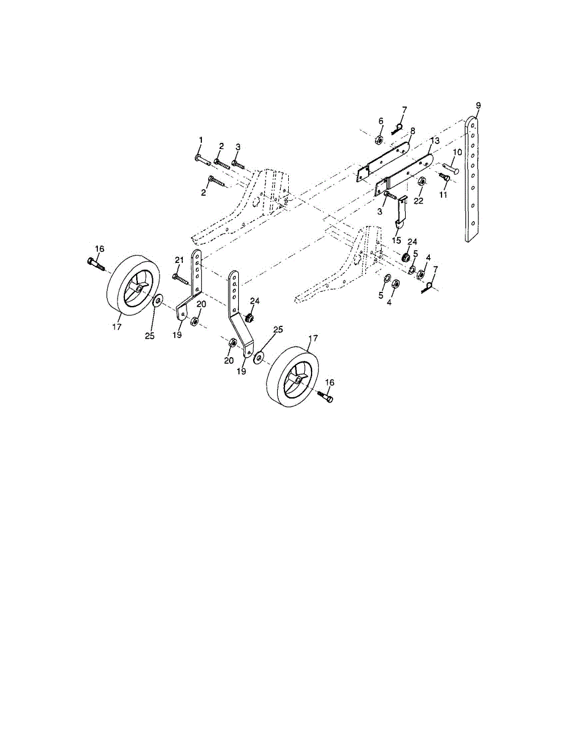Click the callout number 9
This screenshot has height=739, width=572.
coord(478,105)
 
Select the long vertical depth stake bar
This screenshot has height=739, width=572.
coord(473,179)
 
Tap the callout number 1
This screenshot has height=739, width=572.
coord(201,140)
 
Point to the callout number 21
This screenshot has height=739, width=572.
coord(179,260)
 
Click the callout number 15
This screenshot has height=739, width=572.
coord(397,240)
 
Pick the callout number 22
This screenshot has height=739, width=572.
coord(419,201)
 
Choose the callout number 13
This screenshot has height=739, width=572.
coord(435,140)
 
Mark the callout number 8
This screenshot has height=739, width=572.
coord(413,131)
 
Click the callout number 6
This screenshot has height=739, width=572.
coord(381,121)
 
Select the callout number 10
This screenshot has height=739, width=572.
coord(457,152)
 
